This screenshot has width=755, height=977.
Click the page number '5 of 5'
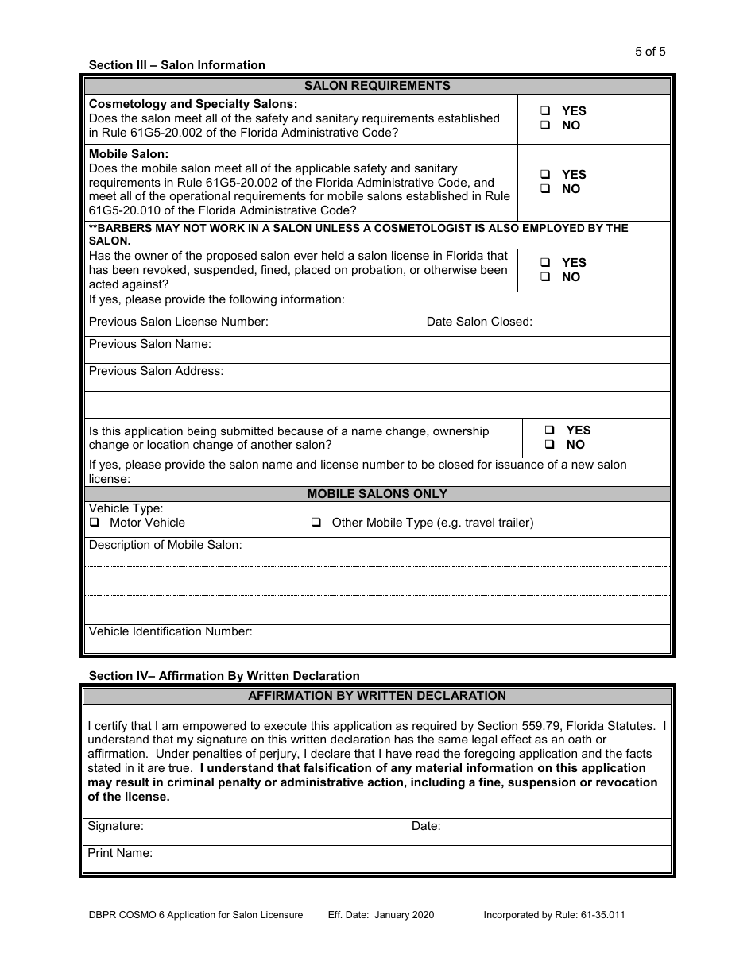point(650,52)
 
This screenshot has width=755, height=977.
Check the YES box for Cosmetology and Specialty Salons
point(545,111)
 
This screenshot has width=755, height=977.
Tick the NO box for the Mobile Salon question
point(545,189)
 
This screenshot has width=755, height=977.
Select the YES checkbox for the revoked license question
point(545,263)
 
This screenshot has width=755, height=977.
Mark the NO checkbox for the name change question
point(550,445)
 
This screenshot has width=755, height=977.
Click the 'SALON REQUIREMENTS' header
point(377,86)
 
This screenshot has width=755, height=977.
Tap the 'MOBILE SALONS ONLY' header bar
point(377,494)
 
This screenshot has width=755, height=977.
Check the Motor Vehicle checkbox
point(94,523)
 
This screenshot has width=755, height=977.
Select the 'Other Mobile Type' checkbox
point(316,523)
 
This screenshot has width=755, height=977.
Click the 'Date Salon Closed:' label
point(479,322)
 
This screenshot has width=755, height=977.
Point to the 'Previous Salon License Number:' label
point(178,322)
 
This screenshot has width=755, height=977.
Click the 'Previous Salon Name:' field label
point(149,344)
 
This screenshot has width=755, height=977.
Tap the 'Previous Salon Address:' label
point(156,371)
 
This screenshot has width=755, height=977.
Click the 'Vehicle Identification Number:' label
point(170,631)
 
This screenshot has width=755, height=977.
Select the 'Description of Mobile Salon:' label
point(165,545)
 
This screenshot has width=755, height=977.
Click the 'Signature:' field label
point(115,826)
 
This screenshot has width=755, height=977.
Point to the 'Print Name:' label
point(120,853)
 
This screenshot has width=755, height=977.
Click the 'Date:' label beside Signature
point(426,826)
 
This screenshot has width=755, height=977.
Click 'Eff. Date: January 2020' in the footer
point(381,915)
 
